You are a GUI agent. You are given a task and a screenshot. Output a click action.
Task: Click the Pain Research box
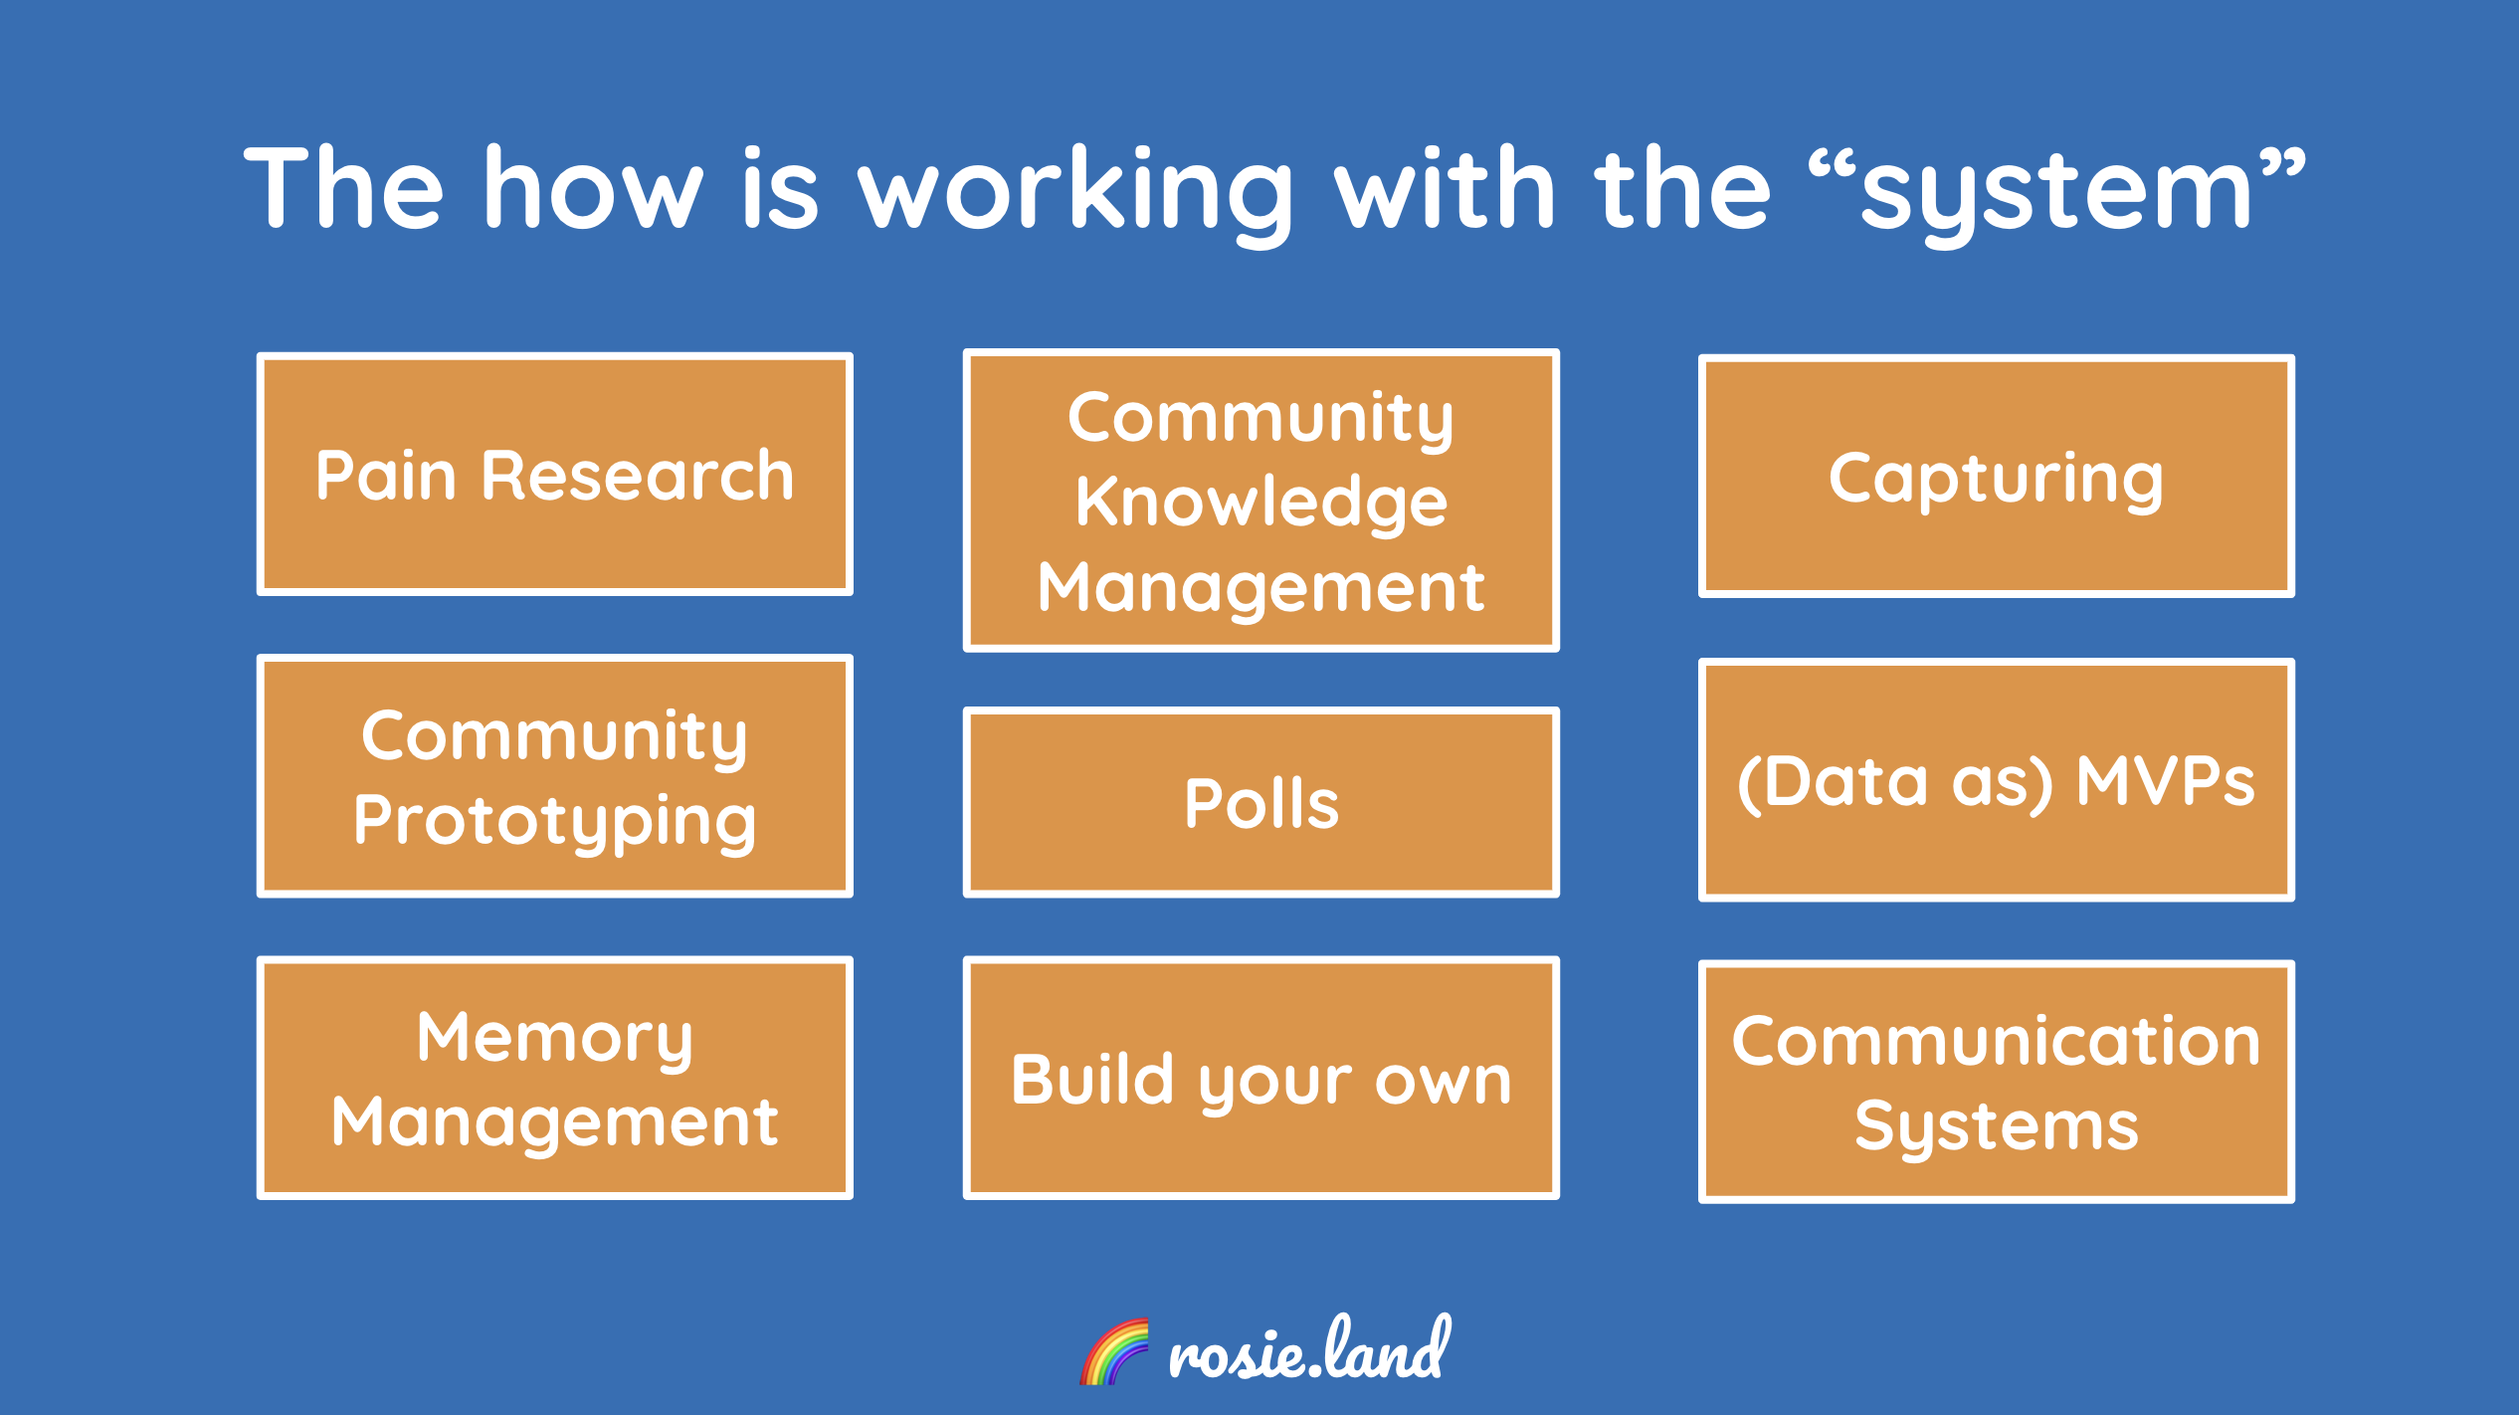pyautogui.click(x=554, y=475)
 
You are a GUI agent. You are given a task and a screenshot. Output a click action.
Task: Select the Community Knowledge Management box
pyautogui.click(x=1260, y=501)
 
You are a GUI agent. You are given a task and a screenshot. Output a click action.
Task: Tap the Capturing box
pyautogui.click(x=1996, y=477)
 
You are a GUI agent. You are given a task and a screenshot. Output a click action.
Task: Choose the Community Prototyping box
pyautogui.click(x=554, y=776)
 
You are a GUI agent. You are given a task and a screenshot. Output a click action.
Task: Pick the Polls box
pyautogui.click(x=1260, y=803)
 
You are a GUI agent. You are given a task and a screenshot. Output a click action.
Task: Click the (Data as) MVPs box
pyautogui.click(x=1996, y=780)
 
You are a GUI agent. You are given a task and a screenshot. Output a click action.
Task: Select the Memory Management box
pyautogui.click(x=554, y=1079)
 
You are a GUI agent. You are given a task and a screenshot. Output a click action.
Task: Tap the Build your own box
pyautogui.click(x=1260, y=1079)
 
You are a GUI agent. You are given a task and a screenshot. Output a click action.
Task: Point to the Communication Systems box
pyautogui.click(x=1996, y=1083)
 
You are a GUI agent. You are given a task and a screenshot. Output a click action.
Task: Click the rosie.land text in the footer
pyautogui.click(x=1309, y=1350)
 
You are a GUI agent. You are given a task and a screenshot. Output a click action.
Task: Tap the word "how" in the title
pyautogui.click(x=593, y=189)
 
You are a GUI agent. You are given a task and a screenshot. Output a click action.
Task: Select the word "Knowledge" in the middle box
pyautogui.click(x=1260, y=502)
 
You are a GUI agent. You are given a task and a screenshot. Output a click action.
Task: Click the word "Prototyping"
pyautogui.click(x=554, y=822)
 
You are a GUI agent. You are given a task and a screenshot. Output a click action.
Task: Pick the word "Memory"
pyautogui.click(x=554, y=1038)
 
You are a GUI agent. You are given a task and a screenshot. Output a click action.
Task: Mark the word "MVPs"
pyautogui.click(x=2165, y=781)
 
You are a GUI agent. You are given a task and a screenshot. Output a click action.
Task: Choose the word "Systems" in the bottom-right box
pyautogui.click(x=1996, y=1125)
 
